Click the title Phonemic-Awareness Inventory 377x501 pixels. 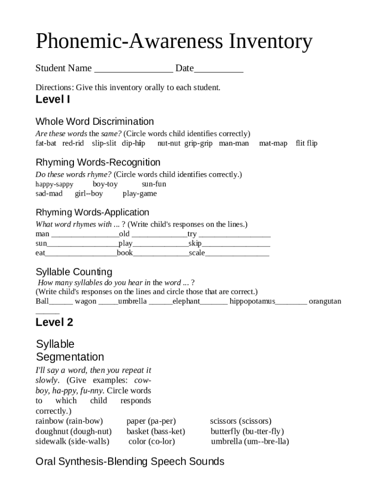pyautogui.click(x=174, y=42)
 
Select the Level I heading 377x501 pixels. pyautogui.click(x=53, y=100)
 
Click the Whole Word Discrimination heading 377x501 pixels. pyautogui.click(x=94, y=121)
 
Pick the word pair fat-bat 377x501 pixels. pyautogui.click(x=46, y=143)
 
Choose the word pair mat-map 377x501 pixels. pyautogui.click(x=273, y=143)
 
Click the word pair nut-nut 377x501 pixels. pyautogui.click(x=169, y=143)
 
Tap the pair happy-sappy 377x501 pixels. pyautogui.click(x=54, y=184)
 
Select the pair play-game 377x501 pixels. pyautogui.click(x=140, y=194)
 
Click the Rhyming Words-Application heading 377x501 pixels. pyautogui.click(x=93, y=212)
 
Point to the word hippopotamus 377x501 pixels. pyautogui.click(x=252, y=301)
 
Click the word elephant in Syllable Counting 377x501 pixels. pyautogui.click(x=186, y=301)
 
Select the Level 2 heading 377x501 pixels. pyautogui.click(x=54, y=322)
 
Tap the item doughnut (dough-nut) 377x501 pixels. pyautogui.click(x=73, y=432)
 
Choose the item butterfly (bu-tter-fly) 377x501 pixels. pyautogui.click(x=247, y=432)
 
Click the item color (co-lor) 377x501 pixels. pyautogui.click(x=151, y=441)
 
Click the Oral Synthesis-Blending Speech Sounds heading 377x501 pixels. pyautogui.click(x=130, y=461)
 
